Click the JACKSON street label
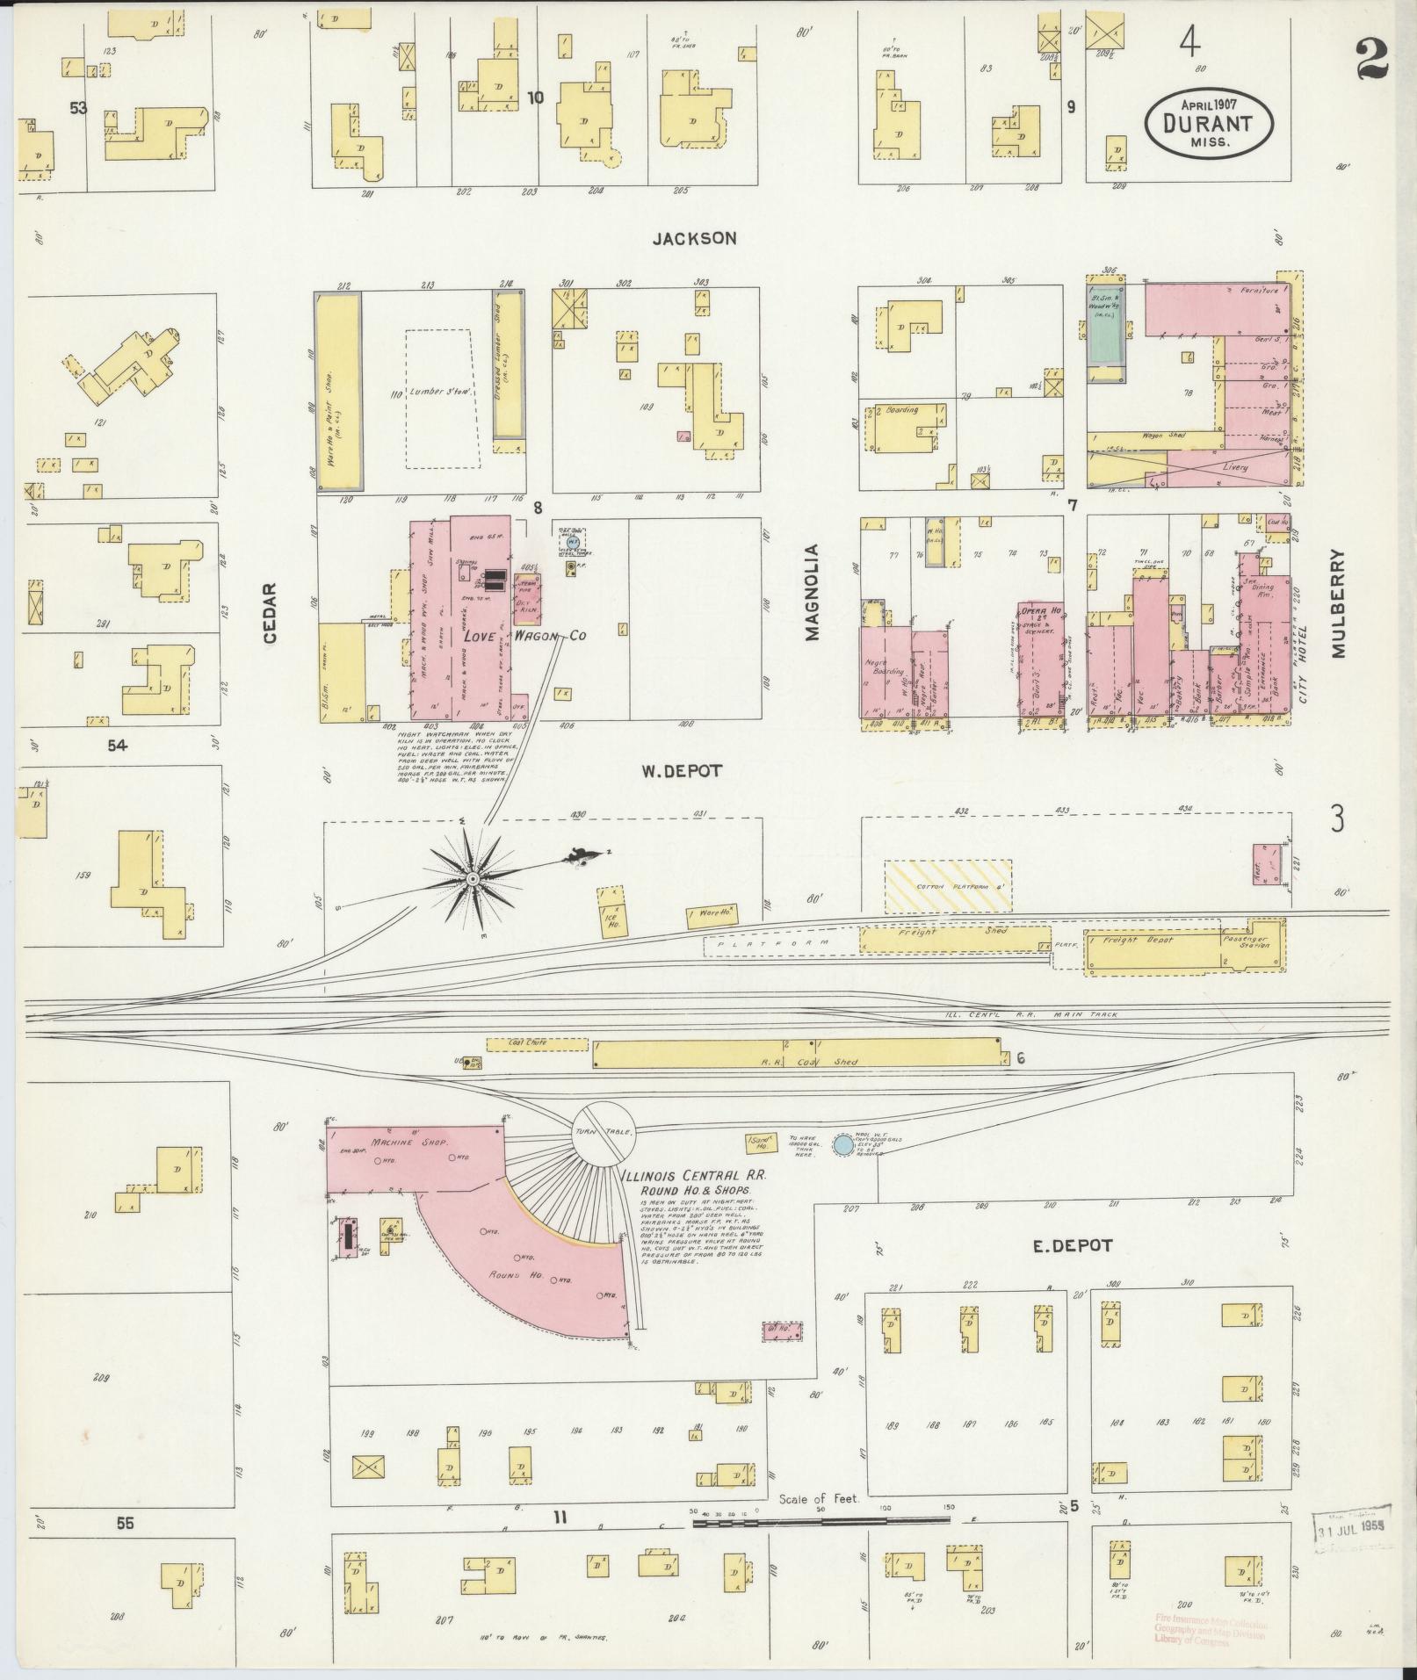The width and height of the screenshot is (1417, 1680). pos(694,238)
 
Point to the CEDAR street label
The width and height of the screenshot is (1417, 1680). pos(269,613)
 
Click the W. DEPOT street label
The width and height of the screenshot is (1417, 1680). pos(681,770)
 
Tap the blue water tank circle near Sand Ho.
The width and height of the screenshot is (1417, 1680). pos(842,1144)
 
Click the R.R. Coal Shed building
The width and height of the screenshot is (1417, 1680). pos(798,1053)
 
